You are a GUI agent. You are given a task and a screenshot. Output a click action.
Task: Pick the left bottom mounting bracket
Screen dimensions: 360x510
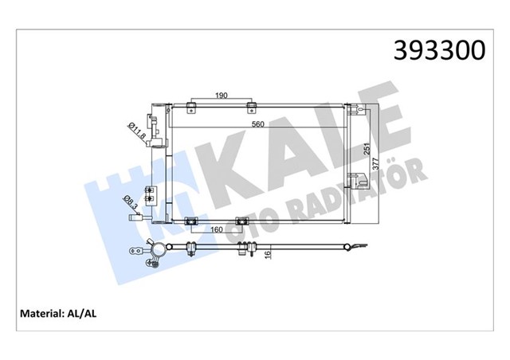tap(190, 222)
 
